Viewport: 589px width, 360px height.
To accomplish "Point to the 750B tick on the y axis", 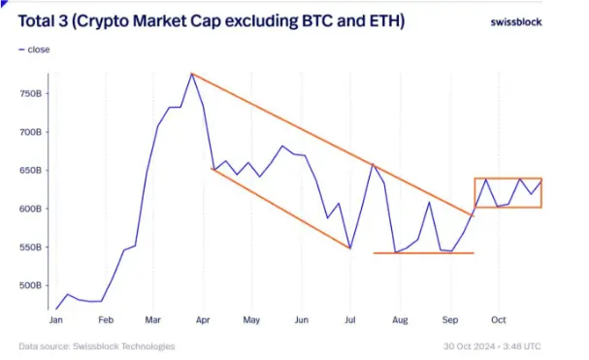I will point(29,94).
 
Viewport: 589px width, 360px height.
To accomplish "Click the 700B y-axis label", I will point(29,132).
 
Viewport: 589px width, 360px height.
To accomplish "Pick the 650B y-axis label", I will point(29,171).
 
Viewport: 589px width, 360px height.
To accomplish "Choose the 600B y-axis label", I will point(29,209).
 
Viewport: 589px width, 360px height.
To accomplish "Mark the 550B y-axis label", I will point(29,247).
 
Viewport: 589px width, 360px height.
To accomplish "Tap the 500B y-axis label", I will point(29,285).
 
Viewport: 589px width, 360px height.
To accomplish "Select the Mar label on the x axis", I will point(153,319).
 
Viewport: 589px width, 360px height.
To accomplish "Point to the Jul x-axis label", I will point(351,319).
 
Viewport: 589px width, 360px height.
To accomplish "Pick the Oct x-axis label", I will point(499,319).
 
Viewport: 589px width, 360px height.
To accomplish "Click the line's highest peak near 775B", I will point(192,74).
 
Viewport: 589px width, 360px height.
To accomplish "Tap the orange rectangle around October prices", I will point(508,179).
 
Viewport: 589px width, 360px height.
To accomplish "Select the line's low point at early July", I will point(349,248).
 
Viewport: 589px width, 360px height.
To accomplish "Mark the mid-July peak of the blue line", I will point(373,164).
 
